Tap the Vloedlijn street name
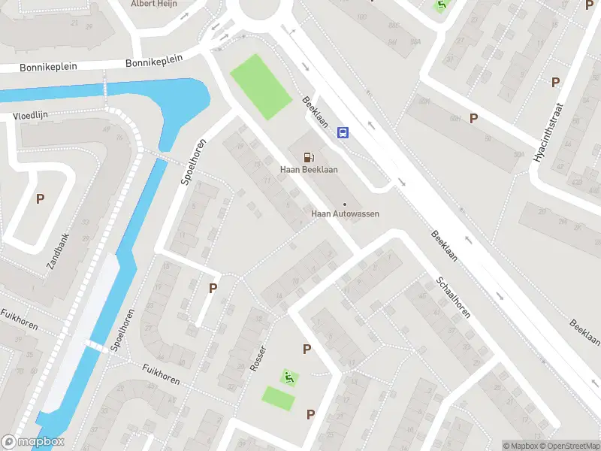[30, 117]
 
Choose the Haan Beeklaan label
[309, 170]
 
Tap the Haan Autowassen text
[345, 213]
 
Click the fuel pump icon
[308, 156]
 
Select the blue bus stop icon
[343, 133]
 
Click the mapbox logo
[33, 442]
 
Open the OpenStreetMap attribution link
[568, 446]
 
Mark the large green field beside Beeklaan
[260, 86]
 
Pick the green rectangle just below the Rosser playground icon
[278, 398]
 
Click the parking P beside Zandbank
[41, 199]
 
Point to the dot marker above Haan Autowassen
[345, 204]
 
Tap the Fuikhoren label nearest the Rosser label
[162, 374]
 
